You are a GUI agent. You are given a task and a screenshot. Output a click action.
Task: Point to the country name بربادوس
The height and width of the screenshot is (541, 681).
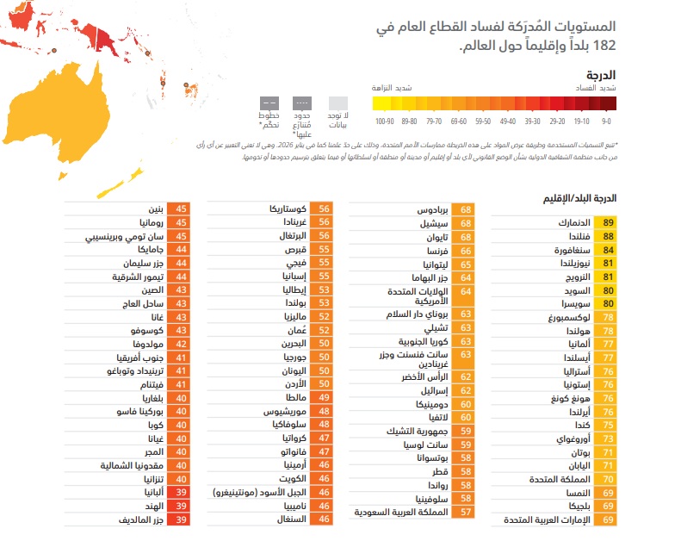(435, 208)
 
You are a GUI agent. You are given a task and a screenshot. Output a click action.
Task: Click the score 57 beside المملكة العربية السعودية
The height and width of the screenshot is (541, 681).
(466, 512)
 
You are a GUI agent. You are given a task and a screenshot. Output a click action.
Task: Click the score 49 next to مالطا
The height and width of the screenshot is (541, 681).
(325, 398)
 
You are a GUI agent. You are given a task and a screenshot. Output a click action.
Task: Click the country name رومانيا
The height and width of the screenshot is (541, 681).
(145, 222)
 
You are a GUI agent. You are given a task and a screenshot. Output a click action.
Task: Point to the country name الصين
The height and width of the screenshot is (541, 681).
(149, 290)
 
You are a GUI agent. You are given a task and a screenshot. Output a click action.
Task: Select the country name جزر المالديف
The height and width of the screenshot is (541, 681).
(135, 519)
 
